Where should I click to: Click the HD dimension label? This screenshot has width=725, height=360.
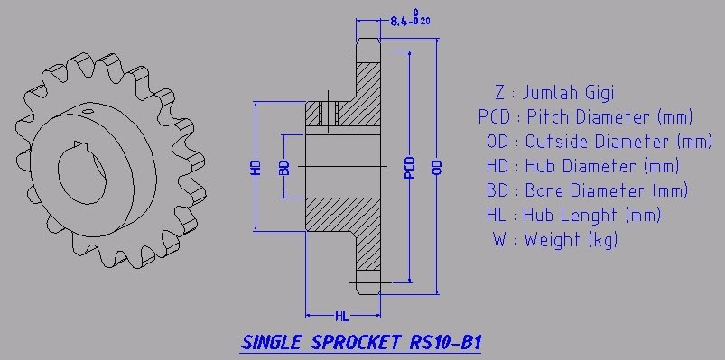click(256, 167)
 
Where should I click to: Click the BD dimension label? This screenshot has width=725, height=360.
click(284, 167)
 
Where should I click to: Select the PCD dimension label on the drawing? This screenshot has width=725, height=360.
click(409, 167)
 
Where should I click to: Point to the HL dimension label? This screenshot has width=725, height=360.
click(341, 317)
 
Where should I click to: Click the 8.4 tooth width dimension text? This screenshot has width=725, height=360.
click(411, 20)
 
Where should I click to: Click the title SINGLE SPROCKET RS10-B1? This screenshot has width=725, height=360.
click(361, 343)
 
